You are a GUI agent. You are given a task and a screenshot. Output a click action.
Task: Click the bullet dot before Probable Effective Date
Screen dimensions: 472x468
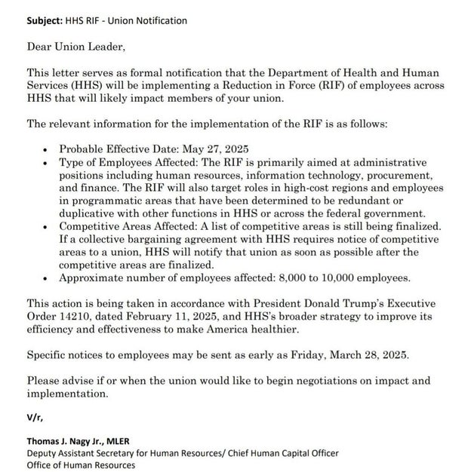coord(48,149)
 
